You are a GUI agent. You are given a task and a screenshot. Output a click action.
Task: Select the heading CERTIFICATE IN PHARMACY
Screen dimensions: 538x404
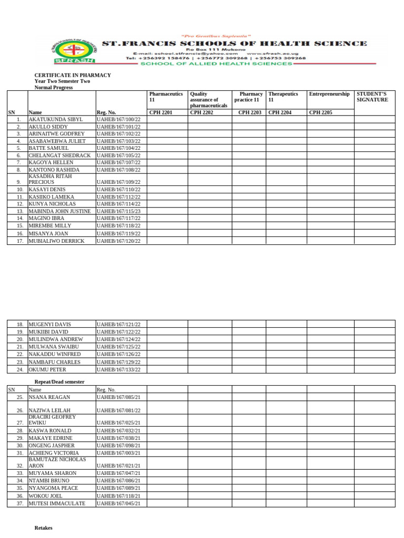coord(73,75)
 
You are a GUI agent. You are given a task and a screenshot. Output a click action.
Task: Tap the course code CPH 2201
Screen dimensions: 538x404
coord(161,112)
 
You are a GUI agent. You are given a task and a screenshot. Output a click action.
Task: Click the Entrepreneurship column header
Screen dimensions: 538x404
coord(329,94)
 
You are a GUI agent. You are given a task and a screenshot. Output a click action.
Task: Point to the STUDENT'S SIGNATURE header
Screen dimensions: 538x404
coord(372,97)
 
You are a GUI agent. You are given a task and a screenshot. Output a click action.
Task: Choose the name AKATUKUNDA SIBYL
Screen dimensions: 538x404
coord(56,119)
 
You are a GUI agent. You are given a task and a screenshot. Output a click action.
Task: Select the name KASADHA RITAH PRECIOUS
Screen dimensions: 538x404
coord(50,179)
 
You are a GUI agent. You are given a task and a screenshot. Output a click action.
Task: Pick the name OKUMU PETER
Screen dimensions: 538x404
coord(47,369)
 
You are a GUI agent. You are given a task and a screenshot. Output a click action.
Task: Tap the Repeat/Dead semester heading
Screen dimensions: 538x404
coord(59,381)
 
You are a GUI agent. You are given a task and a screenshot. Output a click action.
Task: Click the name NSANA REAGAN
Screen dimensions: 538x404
coord(49,397)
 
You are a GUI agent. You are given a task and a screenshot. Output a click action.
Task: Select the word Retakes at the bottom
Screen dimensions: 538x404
coord(44,527)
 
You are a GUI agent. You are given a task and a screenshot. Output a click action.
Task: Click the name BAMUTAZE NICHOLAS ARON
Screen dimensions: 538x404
coord(57,462)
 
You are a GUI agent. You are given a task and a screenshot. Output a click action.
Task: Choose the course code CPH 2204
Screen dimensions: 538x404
coord(280,112)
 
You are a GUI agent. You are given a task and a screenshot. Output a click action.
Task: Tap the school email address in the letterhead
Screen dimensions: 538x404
coord(185,53)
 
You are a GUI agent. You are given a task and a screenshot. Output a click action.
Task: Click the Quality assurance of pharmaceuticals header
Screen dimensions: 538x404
coord(209,100)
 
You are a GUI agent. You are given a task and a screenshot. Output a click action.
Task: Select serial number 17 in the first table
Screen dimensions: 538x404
coord(19,241)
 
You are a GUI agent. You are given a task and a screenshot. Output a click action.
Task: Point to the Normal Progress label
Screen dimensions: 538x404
coord(54,88)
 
